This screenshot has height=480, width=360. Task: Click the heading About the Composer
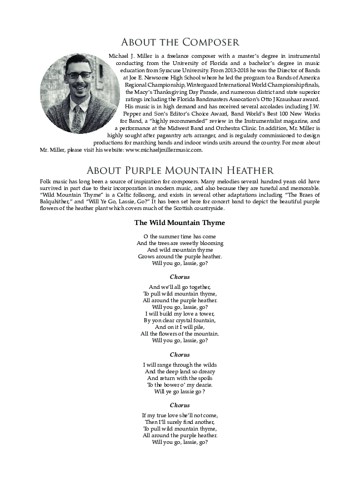pyautogui.click(x=180, y=42)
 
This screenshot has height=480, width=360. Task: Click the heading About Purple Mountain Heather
pyautogui.click(x=180, y=171)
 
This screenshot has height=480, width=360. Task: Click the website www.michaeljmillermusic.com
pyautogui.click(x=164, y=150)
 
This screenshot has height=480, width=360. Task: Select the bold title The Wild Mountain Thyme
pyautogui.click(x=179, y=223)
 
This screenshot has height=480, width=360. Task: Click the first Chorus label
pyautogui.click(x=179, y=277)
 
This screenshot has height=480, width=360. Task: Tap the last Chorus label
pyautogui.click(x=179, y=406)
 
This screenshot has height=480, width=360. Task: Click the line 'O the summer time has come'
pyautogui.click(x=179, y=237)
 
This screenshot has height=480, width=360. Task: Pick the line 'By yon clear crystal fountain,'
pyautogui.click(x=179, y=321)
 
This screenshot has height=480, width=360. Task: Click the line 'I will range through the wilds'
pyautogui.click(x=179, y=365)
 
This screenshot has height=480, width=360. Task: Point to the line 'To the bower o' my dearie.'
pyautogui.click(x=179, y=385)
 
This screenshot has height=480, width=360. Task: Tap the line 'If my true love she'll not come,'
pyautogui.click(x=179, y=416)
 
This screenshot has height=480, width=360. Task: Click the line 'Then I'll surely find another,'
pyautogui.click(x=179, y=422)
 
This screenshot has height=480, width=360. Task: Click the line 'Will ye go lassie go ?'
pyautogui.click(x=179, y=392)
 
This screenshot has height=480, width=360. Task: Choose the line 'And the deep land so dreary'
pyautogui.click(x=179, y=372)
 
